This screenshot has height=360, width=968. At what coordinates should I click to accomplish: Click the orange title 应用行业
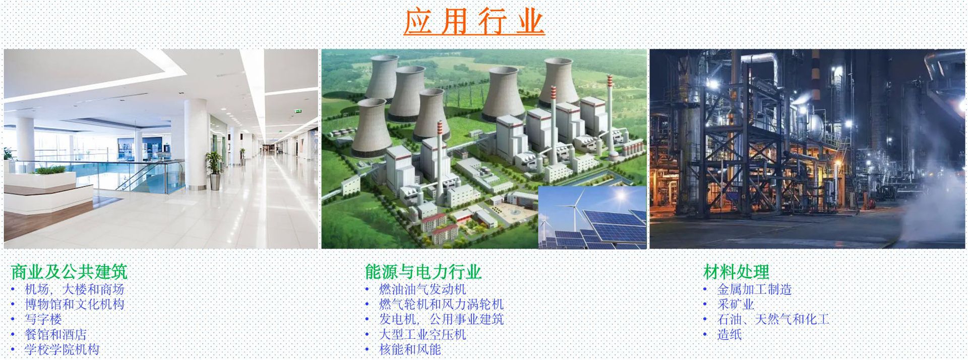[474, 22]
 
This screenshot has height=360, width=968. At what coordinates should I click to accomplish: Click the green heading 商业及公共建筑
[69, 272]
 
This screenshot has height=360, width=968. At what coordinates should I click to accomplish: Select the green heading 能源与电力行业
[423, 272]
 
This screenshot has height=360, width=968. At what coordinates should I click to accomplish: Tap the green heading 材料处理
[736, 272]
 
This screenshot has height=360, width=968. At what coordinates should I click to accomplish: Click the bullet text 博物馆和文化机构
[75, 305]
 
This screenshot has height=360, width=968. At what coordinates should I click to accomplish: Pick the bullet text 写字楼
[43, 319]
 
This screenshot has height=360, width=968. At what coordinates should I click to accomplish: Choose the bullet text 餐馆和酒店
[56, 334]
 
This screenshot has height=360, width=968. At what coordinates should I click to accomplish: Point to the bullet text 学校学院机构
[62, 349]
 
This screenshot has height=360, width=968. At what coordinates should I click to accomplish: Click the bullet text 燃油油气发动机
[422, 289]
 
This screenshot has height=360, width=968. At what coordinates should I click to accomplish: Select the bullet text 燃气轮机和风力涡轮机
[441, 305]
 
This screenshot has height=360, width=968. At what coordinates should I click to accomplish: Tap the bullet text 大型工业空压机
[422, 334]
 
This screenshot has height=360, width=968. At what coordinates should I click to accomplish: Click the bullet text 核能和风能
[410, 349]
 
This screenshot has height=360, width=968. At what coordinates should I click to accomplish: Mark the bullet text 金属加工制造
[754, 289]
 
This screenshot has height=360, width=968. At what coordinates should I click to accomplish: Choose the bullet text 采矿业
[736, 305]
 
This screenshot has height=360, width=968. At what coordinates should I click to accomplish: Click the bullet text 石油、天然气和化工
[773, 319]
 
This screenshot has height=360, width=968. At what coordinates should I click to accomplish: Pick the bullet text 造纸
[730, 334]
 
